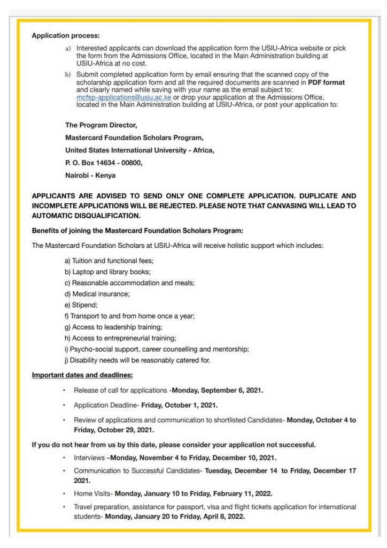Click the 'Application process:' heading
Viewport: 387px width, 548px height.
click(x=66, y=36)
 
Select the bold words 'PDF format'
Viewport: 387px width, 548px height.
click(x=326, y=82)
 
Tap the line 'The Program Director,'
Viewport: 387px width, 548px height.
click(x=101, y=125)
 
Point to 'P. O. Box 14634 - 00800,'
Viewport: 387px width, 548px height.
click(x=104, y=163)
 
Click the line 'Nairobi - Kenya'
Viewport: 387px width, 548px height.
click(x=90, y=175)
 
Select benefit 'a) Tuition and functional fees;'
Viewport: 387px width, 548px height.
click(x=109, y=261)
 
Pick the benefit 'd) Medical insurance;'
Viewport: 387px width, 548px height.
click(x=97, y=293)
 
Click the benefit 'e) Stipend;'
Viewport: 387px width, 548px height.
click(x=81, y=305)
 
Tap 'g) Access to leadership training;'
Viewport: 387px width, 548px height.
click(x=113, y=327)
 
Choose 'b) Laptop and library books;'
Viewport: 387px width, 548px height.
click(x=107, y=272)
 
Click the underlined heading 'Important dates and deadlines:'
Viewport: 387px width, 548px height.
click(x=82, y=375)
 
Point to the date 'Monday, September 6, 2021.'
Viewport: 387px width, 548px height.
click(x=217, y=390)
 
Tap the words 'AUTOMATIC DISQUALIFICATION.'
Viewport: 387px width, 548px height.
click(x=86, y=216)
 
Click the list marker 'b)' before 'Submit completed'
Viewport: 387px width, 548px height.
click(x=68, y=74)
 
